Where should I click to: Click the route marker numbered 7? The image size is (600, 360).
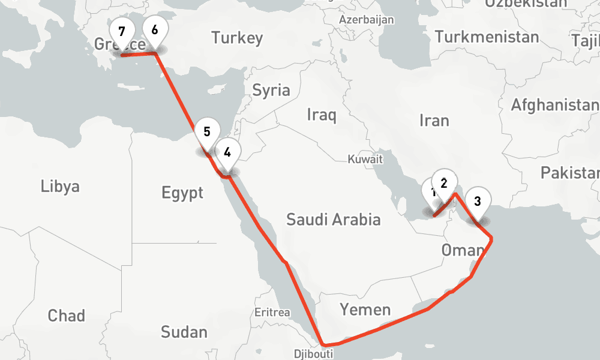click(122, 31)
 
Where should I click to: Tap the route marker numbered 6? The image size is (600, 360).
click(155, 29)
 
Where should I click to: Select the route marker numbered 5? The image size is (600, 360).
click(207, 132)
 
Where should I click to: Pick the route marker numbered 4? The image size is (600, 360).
click(227, 152)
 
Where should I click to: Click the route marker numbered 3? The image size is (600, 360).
click(478, 202)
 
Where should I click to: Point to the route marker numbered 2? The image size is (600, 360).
click(445, 183)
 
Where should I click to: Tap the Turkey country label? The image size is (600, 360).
click(237, 38)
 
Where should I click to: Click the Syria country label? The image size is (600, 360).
click(271, 91)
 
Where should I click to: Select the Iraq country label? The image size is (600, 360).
click(322, 115)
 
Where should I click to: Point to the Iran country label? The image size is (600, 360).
click(434, 121)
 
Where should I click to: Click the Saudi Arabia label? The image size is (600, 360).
click(333, 220)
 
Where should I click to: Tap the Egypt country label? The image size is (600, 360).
click(182, 193)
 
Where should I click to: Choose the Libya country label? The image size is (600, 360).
click(60, 186)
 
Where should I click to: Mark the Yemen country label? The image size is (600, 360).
click(365, 310)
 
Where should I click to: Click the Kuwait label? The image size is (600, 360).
click(365, 160)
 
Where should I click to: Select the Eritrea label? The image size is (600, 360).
click(272, 313)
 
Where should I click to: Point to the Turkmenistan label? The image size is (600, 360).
click(487, 37)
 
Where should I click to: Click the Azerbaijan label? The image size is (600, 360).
click(367, 20)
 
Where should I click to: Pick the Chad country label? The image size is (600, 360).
click(67, 316)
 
